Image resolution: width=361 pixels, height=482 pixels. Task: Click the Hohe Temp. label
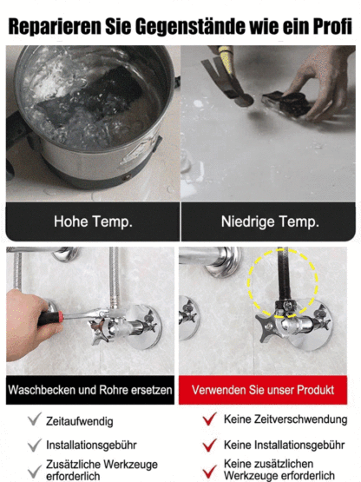coord(93,221)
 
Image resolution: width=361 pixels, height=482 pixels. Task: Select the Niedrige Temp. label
coord(268,221)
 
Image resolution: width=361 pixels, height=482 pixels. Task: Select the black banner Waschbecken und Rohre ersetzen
coord(90,390)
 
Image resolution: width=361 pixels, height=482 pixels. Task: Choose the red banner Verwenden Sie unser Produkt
coord(268,390)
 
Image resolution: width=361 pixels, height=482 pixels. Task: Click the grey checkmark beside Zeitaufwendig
coord(35,420)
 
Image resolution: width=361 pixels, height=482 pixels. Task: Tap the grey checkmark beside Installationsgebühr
coord(35,446)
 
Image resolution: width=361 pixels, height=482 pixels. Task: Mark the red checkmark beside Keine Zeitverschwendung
coord(208,420)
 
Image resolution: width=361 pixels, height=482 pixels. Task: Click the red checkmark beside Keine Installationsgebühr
coord(208,446)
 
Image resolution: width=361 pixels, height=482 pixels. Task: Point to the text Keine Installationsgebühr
coord(285,446)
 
